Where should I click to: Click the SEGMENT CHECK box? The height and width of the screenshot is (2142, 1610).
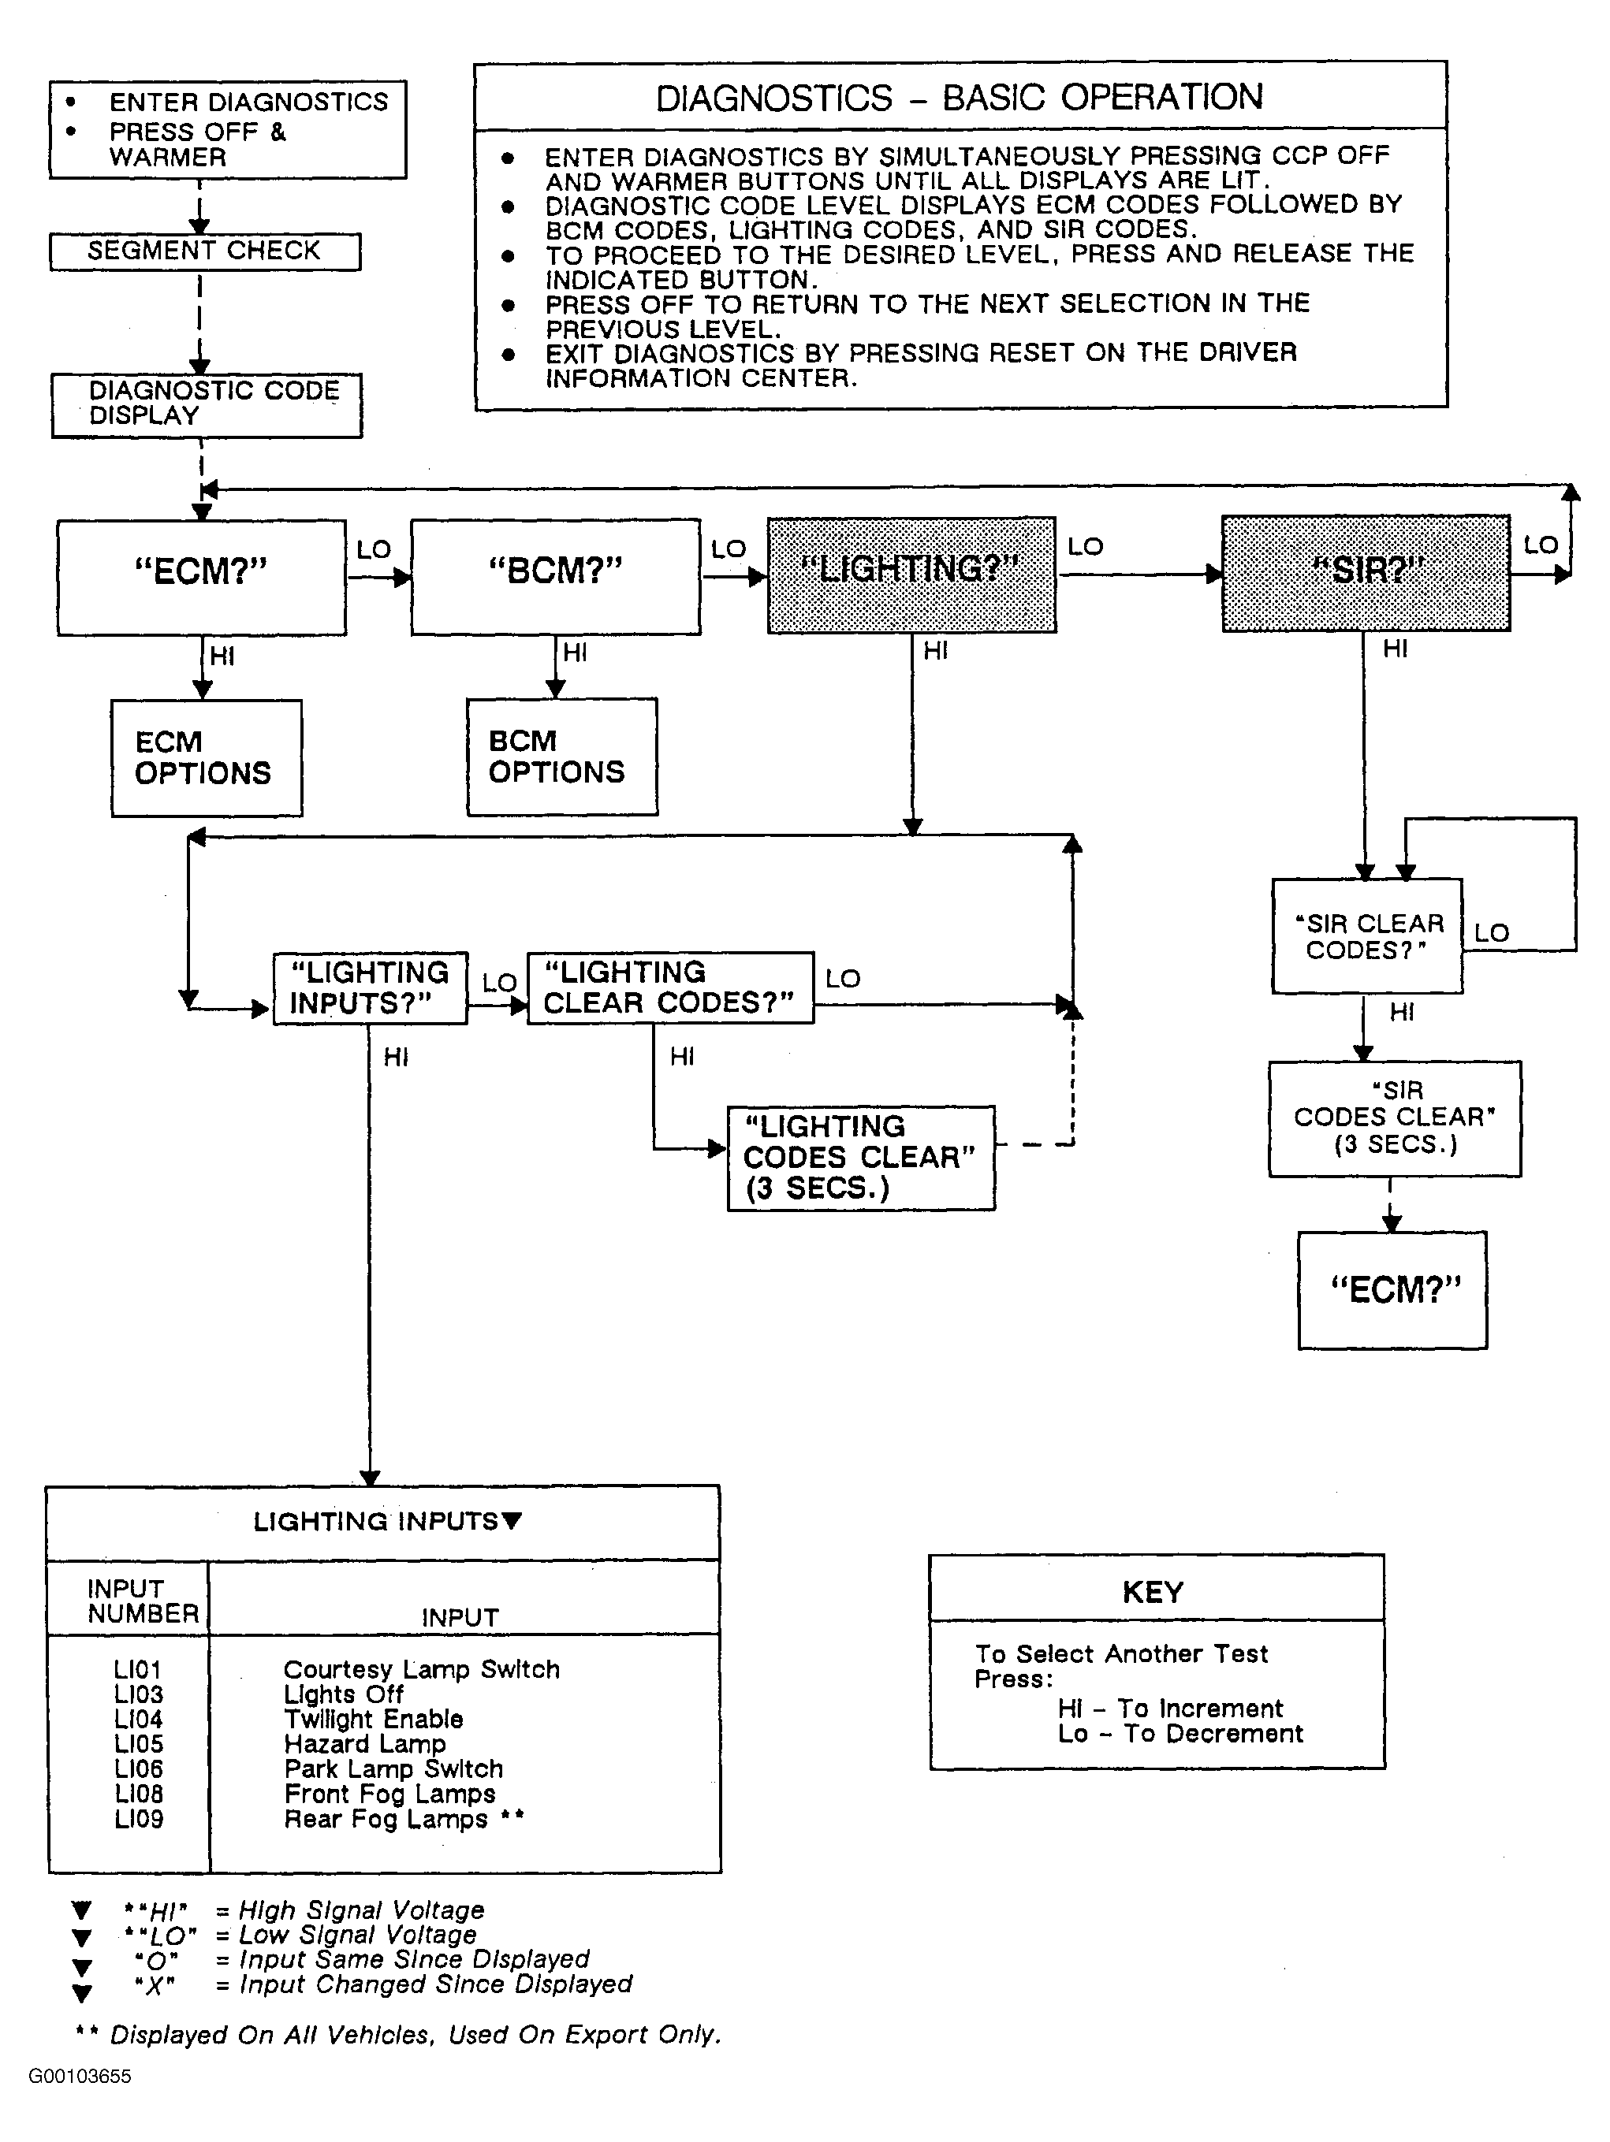(x=205, y=251)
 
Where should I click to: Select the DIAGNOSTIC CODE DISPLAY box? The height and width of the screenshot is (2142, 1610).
(x=207, y=406)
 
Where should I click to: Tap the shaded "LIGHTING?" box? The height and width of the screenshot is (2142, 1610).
(x=911, y=575)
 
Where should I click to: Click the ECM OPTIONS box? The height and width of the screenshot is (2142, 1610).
(x=207, y=758)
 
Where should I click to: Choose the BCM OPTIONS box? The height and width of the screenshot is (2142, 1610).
(x=562, y=757)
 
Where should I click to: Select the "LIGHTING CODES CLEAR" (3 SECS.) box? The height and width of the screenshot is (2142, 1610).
(x=861, y=1158)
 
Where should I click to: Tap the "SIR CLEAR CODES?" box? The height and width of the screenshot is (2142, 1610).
(x=1367, y=936)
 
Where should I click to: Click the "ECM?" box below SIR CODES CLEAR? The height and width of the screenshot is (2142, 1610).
(x=1393, y=1291)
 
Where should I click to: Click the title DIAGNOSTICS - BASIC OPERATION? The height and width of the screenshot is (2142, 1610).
(x=960, y=98)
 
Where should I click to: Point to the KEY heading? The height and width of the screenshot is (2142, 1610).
(x=1153, y=1593)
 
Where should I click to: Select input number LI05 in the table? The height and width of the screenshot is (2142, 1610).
(x=139, y=1744)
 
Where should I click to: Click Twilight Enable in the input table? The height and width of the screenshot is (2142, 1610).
(x=373, y=1719)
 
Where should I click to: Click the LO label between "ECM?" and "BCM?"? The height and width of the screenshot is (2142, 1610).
(x=374, y=550)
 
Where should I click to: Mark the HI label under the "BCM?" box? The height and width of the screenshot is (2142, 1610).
(x=575, y=653)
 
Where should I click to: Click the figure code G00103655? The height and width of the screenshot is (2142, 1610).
(x=80, y=2076)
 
